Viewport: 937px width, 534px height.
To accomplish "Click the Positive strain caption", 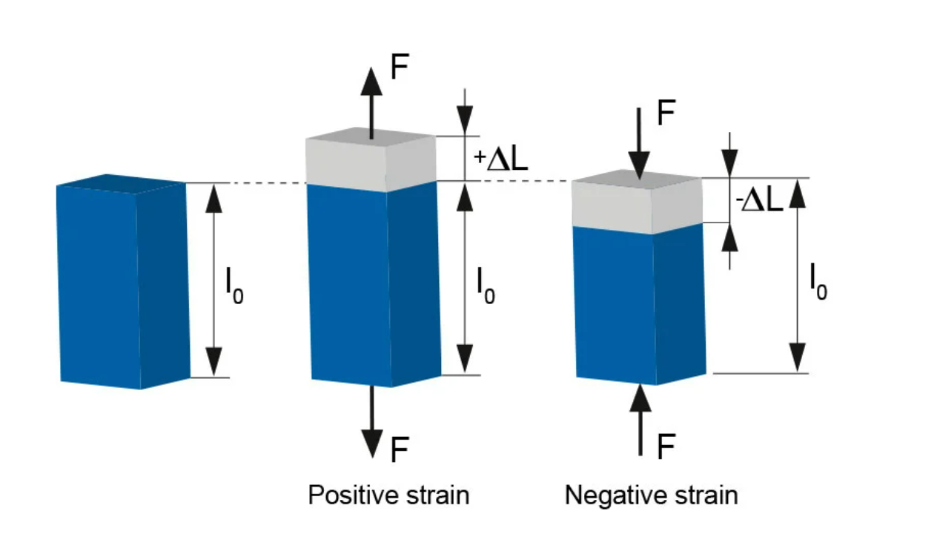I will (388, 495).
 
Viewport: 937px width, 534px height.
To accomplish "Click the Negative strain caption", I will (651, 495).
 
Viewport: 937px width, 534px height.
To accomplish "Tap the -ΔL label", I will (759, 201).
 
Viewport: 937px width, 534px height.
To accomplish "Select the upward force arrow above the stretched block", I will (371, 100).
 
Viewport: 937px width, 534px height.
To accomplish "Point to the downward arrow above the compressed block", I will (638, 141).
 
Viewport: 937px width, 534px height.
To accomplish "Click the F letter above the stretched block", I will (400, 69).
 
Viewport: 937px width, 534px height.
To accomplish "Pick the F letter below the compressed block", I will (666, 447).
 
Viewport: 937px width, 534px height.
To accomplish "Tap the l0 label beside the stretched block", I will (486, 287).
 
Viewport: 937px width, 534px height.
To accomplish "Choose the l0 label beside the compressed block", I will (817, 283).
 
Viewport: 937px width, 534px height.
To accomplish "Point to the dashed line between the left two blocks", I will (245, 183).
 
